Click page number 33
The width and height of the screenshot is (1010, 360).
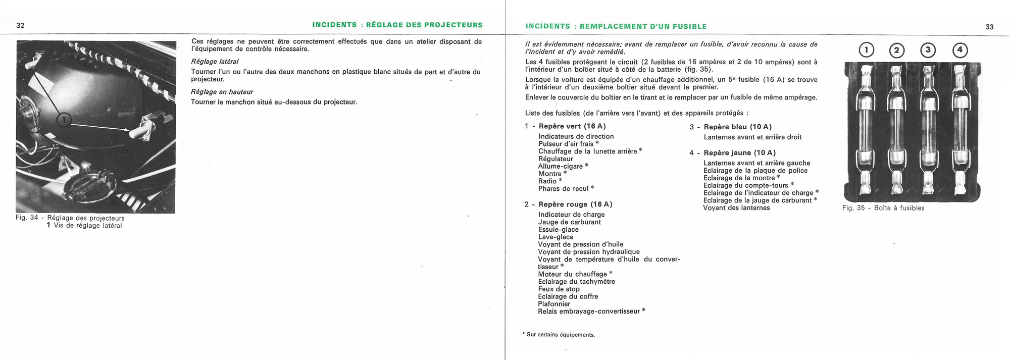tap(989, 27)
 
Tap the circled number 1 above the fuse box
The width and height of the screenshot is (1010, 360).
tap(866, 50)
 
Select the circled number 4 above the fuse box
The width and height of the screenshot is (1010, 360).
tap(959, 50)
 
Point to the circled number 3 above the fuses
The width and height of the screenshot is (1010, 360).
tap(928, 50)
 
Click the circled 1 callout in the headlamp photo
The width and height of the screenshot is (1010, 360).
tap(64, 120)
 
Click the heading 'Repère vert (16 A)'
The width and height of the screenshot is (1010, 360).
tap(572, 126)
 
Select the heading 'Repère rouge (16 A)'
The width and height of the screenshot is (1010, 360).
tap(575, 204)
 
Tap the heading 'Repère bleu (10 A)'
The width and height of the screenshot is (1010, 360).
tap(737, 127)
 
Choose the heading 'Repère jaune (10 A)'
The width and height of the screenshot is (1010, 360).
tap(739, 153)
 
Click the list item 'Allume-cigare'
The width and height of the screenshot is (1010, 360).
tap(561, 166)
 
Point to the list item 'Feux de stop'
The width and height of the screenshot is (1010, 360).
tap(559, 289)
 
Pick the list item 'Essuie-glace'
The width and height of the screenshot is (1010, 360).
tap(558, 230)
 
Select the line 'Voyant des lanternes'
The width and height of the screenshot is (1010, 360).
tap(736, 208)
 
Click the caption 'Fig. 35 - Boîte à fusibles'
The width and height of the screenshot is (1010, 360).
tap(883, 208)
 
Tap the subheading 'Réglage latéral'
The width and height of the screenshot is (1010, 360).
tap(215, 62)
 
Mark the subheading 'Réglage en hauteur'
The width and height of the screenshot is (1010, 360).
tap(222, 92)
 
